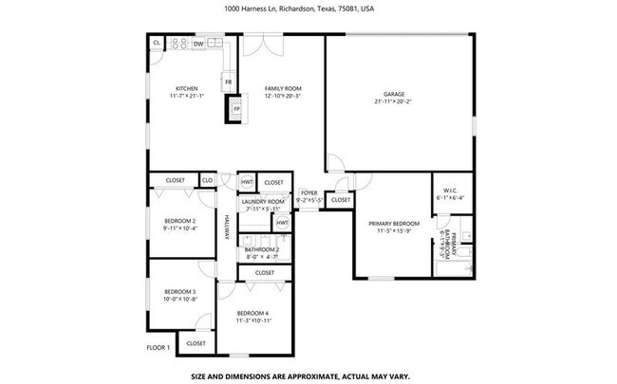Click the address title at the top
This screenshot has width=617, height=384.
pos(308,9)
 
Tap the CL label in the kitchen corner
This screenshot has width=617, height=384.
pos(156,44)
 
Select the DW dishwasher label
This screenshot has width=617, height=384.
pos(198,44)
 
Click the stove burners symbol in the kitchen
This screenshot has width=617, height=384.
pos(178,44)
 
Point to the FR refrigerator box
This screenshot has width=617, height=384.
pos(229,82)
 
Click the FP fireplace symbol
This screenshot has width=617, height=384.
pos(236,110)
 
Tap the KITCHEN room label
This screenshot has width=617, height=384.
pos(186,89)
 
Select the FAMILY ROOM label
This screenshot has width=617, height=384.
pos(282,89)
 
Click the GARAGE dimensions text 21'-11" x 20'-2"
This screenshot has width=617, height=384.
pos(394,101)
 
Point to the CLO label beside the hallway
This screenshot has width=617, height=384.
pos(207,180)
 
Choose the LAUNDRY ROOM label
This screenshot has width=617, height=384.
pos(263,201)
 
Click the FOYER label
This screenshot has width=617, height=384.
pos(309,192)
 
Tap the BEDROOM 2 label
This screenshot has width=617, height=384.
pos(179,220)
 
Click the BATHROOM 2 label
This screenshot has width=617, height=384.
pos(262,249)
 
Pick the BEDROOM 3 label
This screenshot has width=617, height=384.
pos(179,291)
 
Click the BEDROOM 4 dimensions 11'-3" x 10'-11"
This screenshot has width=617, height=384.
pos(254,320)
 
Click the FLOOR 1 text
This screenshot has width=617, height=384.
pos(158,348)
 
